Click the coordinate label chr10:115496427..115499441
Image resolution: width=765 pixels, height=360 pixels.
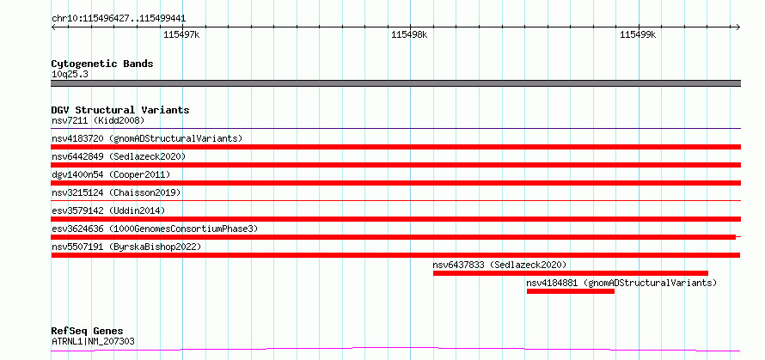119,19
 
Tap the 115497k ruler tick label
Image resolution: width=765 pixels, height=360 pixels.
181,34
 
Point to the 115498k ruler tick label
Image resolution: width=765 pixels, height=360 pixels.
409,34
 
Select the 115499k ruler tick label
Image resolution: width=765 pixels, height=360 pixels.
638,34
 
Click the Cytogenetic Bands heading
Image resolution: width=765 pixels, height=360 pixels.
102,64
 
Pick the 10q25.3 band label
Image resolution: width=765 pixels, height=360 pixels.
70,74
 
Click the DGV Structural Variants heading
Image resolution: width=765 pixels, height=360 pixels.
120,110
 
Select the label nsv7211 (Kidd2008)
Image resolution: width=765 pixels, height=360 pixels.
98,120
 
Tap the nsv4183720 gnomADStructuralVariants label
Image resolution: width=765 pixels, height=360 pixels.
147,138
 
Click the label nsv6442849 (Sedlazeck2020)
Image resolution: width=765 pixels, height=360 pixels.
119,156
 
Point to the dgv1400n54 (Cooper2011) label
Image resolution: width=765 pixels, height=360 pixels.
111,174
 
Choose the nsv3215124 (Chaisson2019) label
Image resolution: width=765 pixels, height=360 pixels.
116,192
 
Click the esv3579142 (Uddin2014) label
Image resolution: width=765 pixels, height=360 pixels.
108,211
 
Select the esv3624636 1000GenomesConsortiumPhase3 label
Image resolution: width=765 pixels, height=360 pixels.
155,229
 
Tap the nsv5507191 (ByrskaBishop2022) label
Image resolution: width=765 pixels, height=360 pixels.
126,247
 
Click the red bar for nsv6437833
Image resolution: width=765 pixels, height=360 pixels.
571,273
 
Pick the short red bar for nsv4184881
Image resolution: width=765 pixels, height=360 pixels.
571,291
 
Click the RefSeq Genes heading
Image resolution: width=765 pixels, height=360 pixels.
87,332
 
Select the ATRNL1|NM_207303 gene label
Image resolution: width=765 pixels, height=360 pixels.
93,341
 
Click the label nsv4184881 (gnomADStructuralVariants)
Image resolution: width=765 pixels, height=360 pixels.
621,283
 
